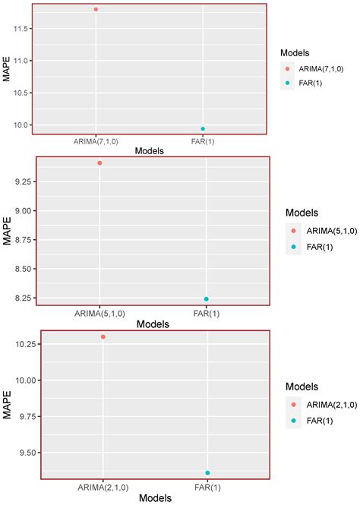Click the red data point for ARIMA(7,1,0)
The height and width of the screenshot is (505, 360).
[96, 9]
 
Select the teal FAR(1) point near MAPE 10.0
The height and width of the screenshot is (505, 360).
[203, 129]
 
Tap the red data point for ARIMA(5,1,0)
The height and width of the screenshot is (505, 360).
[99, 163]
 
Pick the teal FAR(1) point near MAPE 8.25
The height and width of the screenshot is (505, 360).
[206, 299]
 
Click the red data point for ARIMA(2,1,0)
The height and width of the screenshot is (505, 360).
[103, 337]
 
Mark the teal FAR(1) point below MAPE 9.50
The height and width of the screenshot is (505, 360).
[207, 473]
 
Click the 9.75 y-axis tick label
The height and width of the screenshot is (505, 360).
[27, 416]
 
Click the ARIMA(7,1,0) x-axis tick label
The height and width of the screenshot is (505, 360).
[96, 140]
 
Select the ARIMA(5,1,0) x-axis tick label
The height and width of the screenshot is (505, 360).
[99, 313]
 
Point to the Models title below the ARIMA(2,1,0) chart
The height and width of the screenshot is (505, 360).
[154, 498]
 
